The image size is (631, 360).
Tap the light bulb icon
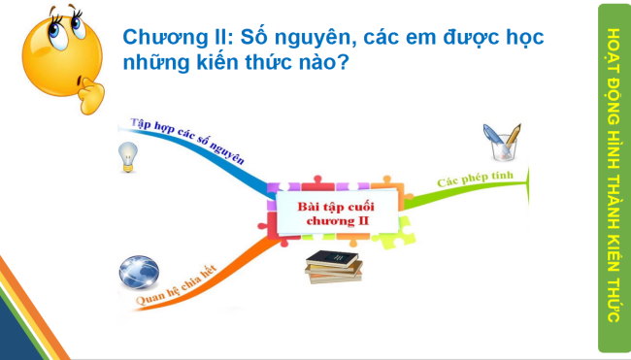[126, 156]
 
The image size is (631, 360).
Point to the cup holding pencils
[505, 143]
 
